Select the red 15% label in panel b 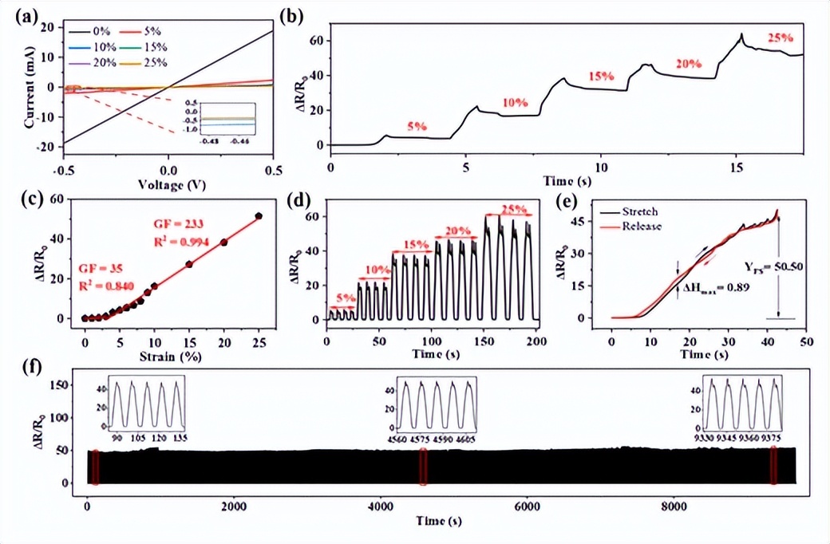pyautogui.click(x=600, y=77)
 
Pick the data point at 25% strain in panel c pyautogui.click(x=259, y=216)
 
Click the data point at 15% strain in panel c pyautogui.click(x=189, y=264)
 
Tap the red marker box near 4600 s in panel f pyautogui.click(x=424, y=467)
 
